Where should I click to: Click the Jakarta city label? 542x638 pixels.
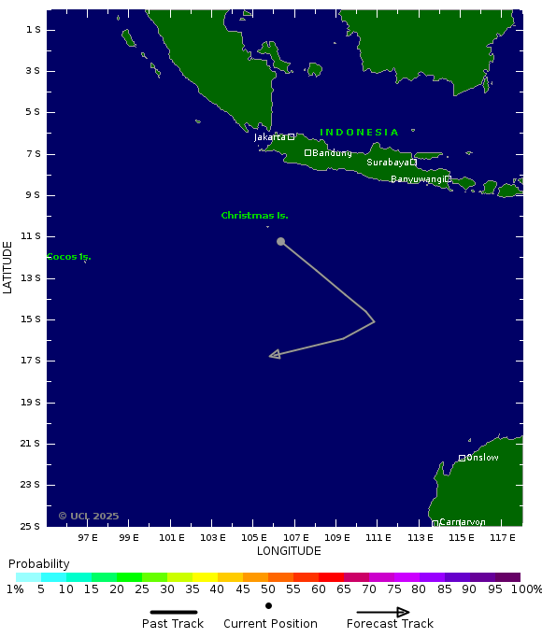click(270, 137)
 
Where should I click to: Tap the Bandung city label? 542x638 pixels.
click(332, 153)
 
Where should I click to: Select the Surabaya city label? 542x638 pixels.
click(387, 163)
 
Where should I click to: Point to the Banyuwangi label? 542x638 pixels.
click(417, 179)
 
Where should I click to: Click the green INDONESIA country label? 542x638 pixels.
click(359, 133)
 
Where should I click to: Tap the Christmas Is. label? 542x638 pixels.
click(254, 216)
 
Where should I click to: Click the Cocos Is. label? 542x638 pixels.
click(68, 257)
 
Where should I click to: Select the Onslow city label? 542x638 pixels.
click(482, 458)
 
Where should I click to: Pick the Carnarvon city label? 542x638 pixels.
click(462, 522)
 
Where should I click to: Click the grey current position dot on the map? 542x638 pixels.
click(280, 242)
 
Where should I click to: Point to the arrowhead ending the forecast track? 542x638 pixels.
click(274, 355)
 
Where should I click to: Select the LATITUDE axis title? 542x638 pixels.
click(8, 267)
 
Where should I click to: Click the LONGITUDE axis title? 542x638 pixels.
click(289, 551)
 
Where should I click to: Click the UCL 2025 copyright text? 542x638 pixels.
click(89, 516)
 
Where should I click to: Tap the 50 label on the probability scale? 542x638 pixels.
click(267, 589)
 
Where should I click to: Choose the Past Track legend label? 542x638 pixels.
click(173, 624)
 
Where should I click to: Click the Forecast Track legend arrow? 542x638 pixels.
click(383, 613)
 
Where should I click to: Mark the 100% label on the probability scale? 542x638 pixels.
click(525, 589)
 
